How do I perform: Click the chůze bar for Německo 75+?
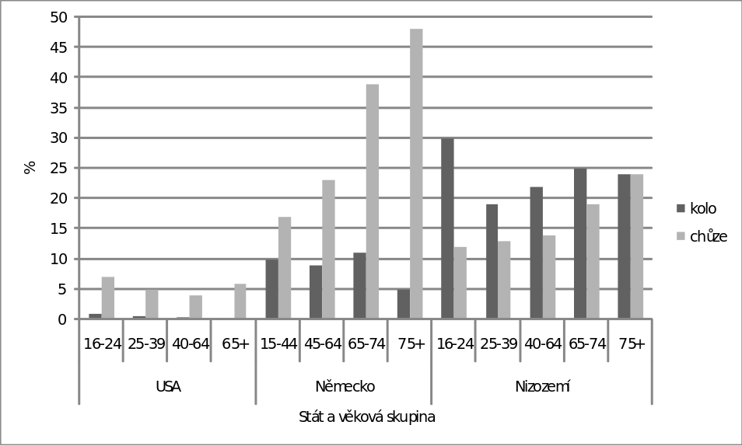pos(416,173)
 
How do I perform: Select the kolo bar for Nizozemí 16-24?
pos(447,228)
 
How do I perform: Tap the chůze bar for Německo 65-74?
pos(373,201)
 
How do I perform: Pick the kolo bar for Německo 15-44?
pos(271,289)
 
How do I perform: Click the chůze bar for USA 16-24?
pos(108,298)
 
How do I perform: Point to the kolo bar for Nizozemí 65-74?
pos(580,243)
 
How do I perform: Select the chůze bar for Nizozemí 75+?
pos(636,246)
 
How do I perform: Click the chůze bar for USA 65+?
pos(240,301)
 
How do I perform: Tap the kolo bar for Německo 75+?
pos(404,304)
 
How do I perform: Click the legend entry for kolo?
pos(697,208)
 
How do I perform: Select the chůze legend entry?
pos(702,236)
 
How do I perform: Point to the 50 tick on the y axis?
pos(58,17)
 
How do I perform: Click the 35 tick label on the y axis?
pos(58,108)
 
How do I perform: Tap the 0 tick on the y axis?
pos(63,319)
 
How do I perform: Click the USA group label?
pos(168,387)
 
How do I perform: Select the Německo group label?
pos(345,386)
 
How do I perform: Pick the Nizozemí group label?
pos(542,386)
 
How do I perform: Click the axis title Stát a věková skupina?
pos(367,416)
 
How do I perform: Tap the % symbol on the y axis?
pos(30,167)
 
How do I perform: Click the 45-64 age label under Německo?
pos(323,344)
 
